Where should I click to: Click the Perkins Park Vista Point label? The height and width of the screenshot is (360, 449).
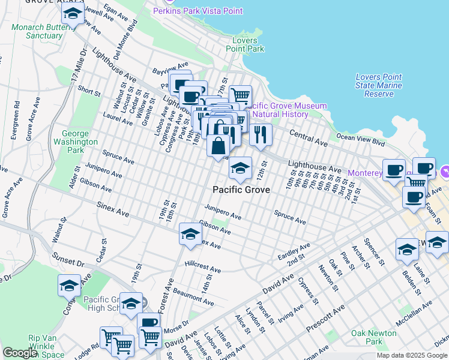pos(197,11)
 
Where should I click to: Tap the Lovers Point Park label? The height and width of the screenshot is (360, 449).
pos(248,44)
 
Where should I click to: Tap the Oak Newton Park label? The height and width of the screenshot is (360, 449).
pos(375,337)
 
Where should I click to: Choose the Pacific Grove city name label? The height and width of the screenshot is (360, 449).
pos(241,190)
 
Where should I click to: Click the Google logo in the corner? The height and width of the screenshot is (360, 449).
pos(20,353)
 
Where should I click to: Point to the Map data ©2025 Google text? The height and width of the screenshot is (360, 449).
pos(412,355)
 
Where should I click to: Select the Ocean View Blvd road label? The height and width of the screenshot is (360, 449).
pos(360,137)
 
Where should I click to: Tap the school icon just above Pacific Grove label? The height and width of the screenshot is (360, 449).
pos(240,170)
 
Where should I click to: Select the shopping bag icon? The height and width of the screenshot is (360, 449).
pos(218,146)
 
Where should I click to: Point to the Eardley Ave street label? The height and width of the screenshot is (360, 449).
pos(294,251)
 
